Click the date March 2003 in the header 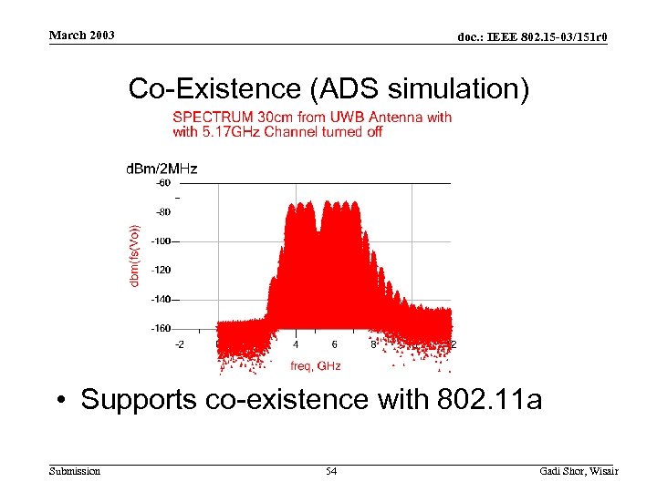coord(82,36)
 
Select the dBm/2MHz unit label coord(161,168)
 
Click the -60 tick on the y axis coord(162,182)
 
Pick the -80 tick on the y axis coord(162,211)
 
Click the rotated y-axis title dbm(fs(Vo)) coord(135,255)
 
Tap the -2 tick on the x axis coord(180,344)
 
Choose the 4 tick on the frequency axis coord(296,344)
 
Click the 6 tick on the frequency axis coord(334,344)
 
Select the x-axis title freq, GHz coord(315,365)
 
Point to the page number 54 coord(331,471)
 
